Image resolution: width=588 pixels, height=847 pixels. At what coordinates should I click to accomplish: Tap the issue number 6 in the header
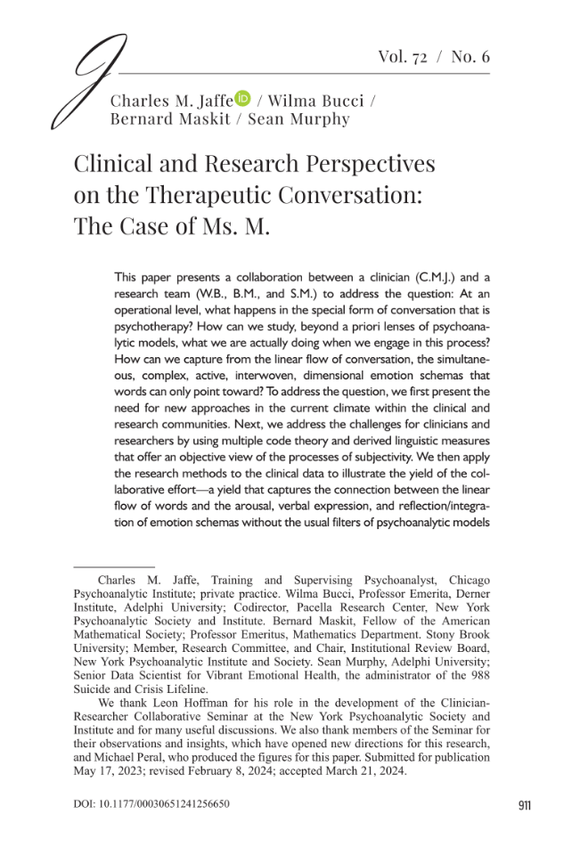click(x=484, y=57)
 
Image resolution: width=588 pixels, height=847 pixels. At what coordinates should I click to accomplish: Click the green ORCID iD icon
click(x=243, y=100)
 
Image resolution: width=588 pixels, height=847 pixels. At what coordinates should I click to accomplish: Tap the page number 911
click(x=524, y=806)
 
